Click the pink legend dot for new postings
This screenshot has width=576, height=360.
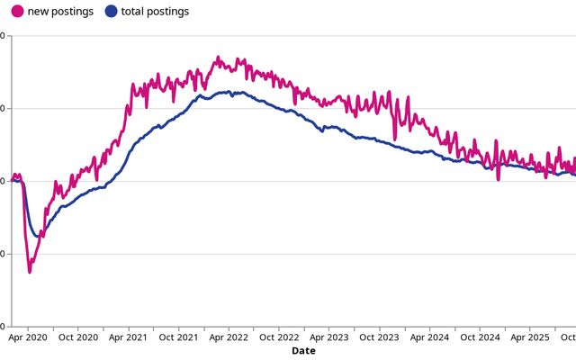17,12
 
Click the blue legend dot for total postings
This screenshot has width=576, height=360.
111,12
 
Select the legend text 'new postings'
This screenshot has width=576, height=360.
60,12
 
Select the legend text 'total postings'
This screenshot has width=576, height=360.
157,12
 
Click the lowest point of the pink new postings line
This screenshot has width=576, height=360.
30,271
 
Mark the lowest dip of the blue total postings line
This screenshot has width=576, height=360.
36,237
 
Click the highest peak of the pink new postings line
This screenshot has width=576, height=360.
217,58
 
